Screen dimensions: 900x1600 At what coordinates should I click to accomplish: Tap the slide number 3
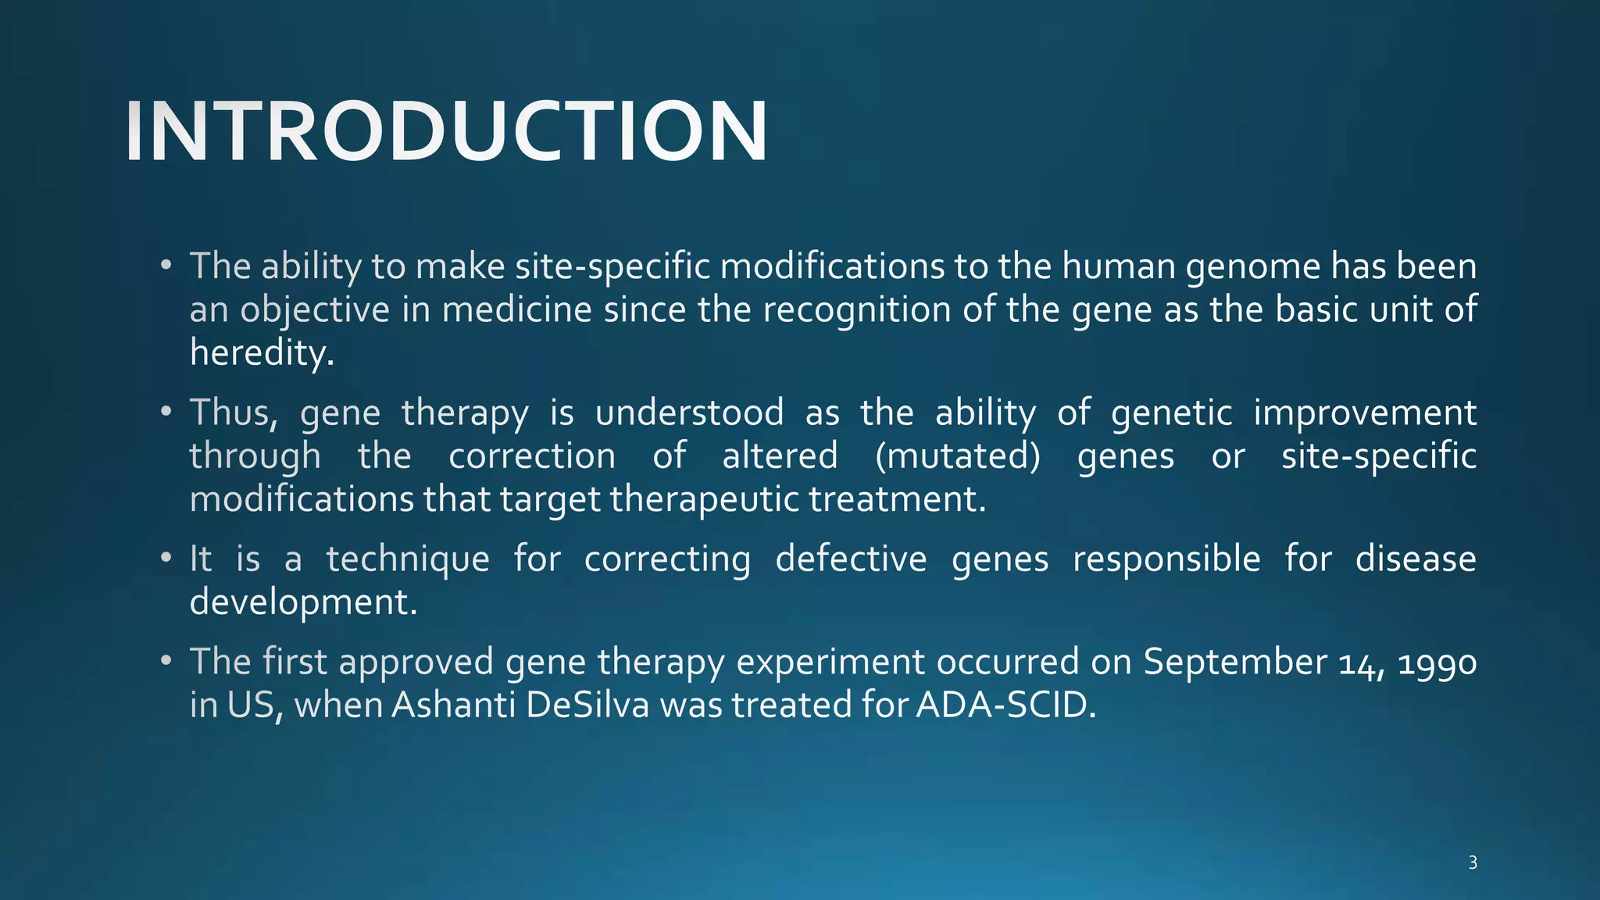(1472, 862)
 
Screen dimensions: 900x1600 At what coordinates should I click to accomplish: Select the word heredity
(261, 353)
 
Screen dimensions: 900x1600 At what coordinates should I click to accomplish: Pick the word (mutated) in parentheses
(957, 456)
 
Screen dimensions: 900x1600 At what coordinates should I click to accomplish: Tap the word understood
(689, 412)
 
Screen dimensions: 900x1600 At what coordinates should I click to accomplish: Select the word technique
(408, 559)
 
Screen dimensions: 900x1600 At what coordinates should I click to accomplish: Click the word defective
(851, 559)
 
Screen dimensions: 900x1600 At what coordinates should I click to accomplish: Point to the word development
(303, 602)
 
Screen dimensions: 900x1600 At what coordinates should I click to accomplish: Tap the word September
(1234, 662)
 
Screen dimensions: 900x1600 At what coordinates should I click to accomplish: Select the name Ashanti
(452, 705)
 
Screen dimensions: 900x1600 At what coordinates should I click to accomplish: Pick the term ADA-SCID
(1005, 705)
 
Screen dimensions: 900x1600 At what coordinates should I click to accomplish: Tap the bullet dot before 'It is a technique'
(166, 559)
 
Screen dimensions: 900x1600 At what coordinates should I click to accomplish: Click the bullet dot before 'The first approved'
(166, 662)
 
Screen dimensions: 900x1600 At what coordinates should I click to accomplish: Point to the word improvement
(1364, 412)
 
